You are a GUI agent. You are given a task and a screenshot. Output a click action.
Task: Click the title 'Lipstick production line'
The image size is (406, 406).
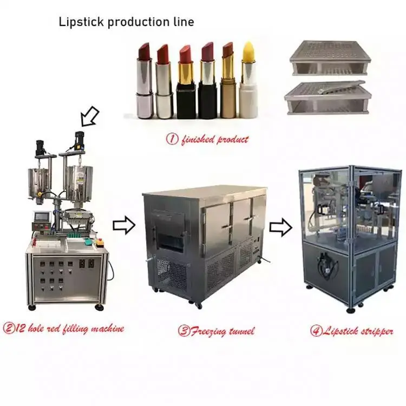pyautogui.click(x=126, y=22)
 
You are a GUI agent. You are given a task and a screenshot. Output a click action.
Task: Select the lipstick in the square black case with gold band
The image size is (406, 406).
pyautogui.click(x=186, y=82)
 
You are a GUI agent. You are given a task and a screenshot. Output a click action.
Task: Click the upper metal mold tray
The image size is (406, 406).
pyautogui.click(x=330, y=58)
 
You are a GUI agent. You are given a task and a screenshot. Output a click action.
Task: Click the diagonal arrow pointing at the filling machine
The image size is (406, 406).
pyautogui.click(x=89, y=116)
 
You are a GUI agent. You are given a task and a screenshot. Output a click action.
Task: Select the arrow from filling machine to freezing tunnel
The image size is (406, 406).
pyautogui.click(x=124, y=225)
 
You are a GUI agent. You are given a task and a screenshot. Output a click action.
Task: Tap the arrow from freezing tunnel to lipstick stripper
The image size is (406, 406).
pyautogui.click(x=281, y=227)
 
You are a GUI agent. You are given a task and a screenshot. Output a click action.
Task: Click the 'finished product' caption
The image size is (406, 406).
pyautogui.click(x=207, y=139)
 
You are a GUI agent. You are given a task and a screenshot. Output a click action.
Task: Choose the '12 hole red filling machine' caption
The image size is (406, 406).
pyautogui.click(x=63, y=329)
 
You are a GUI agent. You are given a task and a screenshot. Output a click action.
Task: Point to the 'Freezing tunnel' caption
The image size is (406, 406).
pyautogui.click(x=216, y=331)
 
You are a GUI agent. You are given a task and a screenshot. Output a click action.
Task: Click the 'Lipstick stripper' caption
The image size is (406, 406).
pyautogui.click(x=352, y=331)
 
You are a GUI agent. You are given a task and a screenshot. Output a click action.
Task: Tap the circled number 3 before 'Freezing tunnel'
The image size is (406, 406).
pyautogui.click(x=184, y=331)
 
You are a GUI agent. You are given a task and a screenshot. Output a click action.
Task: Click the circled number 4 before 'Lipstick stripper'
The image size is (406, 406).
pyautogui.click(x=316, y=331)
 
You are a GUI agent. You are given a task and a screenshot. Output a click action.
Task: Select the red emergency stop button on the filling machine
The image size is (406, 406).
pyautogui.click(x=100, y=243)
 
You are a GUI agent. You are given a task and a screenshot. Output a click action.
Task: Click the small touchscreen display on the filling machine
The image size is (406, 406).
pyautogui.click(x=42, y=217)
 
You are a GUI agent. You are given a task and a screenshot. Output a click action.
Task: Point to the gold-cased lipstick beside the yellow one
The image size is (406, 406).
pyautogui.click(x=228, y=80)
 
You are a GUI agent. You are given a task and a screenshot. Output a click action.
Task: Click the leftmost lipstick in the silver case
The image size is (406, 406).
pyautogui.click(x=145, y=81)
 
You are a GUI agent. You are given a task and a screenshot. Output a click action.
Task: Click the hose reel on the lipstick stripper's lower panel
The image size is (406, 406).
pyautogui.click(x=327, y=265)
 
